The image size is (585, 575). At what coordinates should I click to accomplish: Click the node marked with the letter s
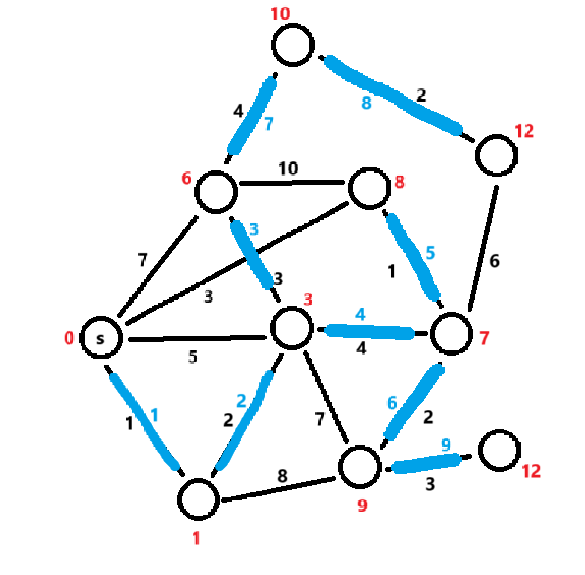point(101,338)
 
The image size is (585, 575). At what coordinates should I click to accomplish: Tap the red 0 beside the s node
point(69,339)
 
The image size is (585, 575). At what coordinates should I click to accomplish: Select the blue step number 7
point(268,124)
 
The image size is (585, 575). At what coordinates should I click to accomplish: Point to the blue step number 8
point(366,103)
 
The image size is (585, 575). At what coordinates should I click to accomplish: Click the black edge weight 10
point(289,169)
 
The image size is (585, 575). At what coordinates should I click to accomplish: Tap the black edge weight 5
point(193,356)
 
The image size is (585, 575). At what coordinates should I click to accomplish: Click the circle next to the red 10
point(293,45)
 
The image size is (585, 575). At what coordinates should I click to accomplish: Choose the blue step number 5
point(430,253)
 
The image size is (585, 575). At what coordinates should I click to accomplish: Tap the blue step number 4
point(360,313)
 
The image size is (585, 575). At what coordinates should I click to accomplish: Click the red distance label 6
point(187,178)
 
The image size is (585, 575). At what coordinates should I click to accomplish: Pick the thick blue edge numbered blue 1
point(143,421)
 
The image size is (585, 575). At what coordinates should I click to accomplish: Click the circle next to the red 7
point(450,335)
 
